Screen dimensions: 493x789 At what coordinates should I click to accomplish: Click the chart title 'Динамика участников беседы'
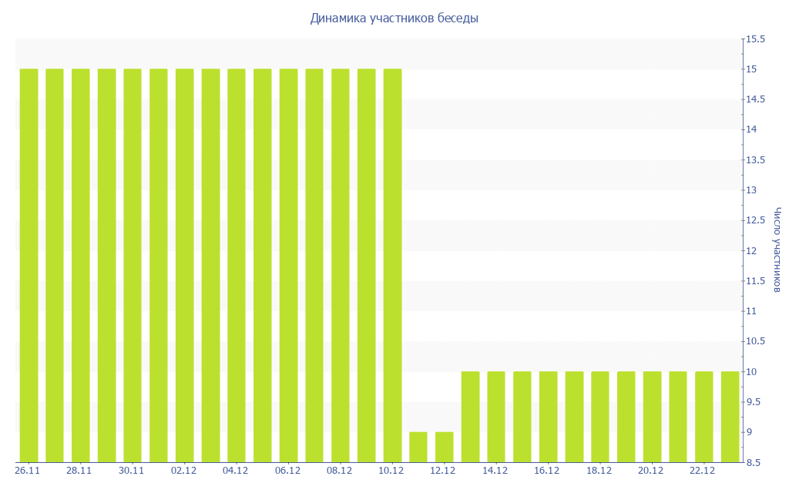click(x=394, y=18)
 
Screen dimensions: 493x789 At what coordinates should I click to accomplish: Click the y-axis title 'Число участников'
click(x=777, y=250)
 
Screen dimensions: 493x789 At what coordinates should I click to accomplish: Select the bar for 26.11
click(x=29, y=266)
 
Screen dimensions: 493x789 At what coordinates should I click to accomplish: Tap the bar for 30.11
click(x=133, y=266)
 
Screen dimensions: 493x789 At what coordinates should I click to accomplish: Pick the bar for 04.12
click(x=237, y=266)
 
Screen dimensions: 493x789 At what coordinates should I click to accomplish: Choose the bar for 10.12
click(x=392, y=266)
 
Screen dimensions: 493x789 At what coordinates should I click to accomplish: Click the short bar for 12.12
click(x=445, y=447)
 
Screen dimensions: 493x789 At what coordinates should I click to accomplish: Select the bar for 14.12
click(x=496, y=417)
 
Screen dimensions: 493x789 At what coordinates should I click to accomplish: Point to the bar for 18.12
click(x=600, y=417)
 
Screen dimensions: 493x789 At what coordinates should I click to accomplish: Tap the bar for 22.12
click(x=704, y=417)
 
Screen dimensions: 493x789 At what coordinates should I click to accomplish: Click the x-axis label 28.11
click(x=79, y=471)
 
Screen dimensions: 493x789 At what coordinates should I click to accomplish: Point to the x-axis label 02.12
click(x=183, y=471)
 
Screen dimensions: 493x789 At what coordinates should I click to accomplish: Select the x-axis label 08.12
click(x=339, y=471)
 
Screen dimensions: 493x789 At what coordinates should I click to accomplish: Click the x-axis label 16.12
click(x=546, y=471)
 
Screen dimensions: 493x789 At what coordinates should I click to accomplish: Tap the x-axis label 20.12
click(x=650, y=471)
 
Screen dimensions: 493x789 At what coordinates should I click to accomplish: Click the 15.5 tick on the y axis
click(x=754, y=39)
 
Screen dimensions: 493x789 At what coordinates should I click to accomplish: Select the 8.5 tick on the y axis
click(x=753, y=462)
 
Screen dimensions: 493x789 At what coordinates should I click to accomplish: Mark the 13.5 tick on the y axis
click(x=754, y=160)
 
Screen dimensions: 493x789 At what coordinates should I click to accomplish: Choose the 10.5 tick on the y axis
click(x=754, y=341)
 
